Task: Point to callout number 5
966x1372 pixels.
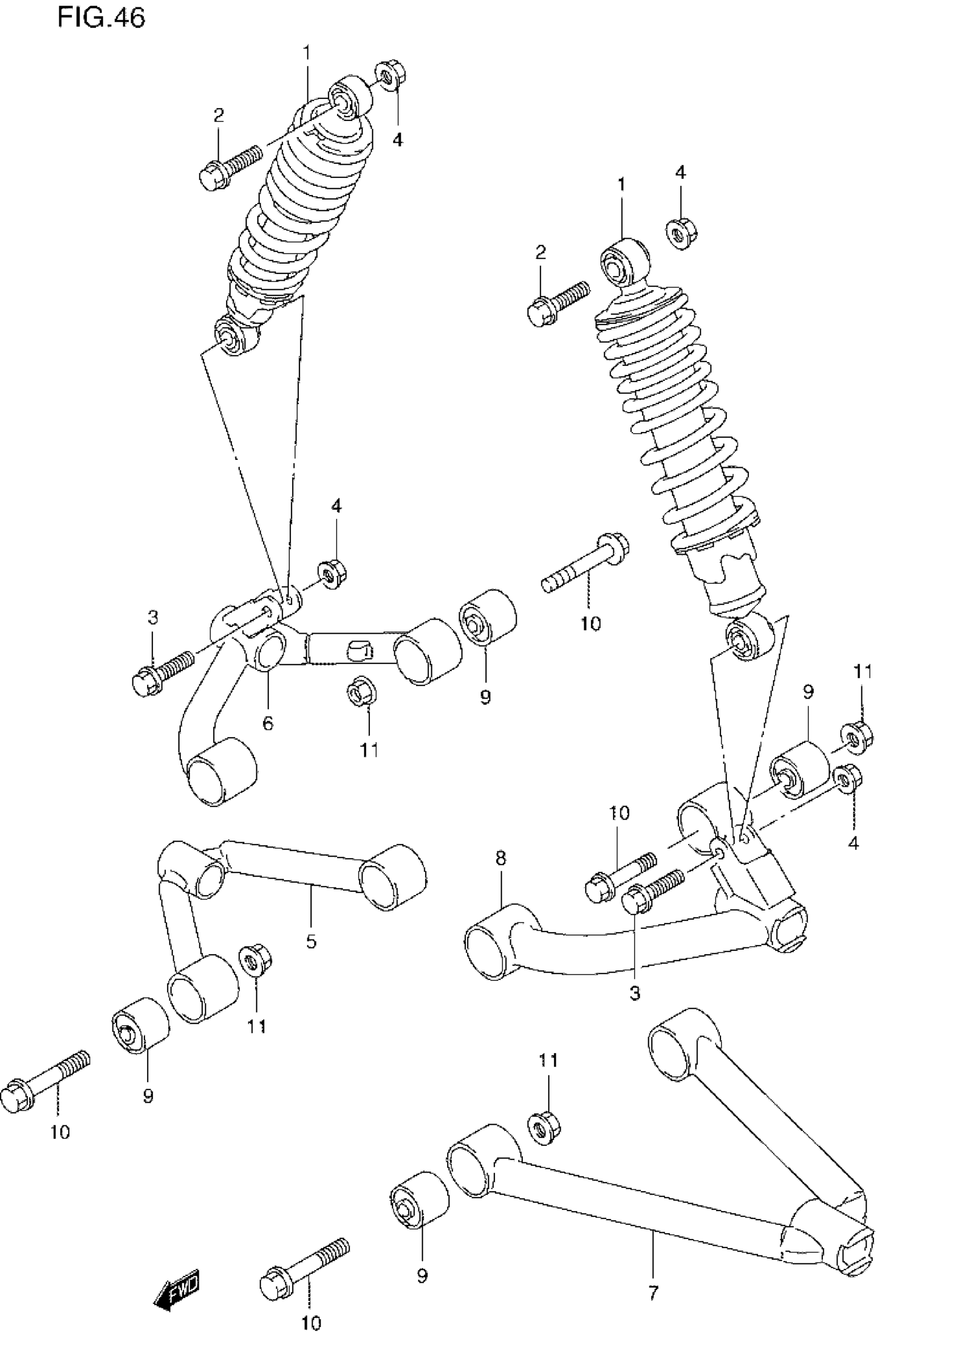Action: tap(311, 942)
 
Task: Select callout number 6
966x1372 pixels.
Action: tap(268, 724)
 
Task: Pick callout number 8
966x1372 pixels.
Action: tap(501, 859)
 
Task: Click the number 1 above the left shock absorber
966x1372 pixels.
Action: tap(307, 53)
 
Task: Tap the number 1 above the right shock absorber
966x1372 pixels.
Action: tap(621, 184)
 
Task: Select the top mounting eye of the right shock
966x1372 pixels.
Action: tap(624, 261)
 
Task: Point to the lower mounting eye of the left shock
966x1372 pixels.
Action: tap(233, 336)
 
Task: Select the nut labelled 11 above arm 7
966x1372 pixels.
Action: tap(543, 1128)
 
